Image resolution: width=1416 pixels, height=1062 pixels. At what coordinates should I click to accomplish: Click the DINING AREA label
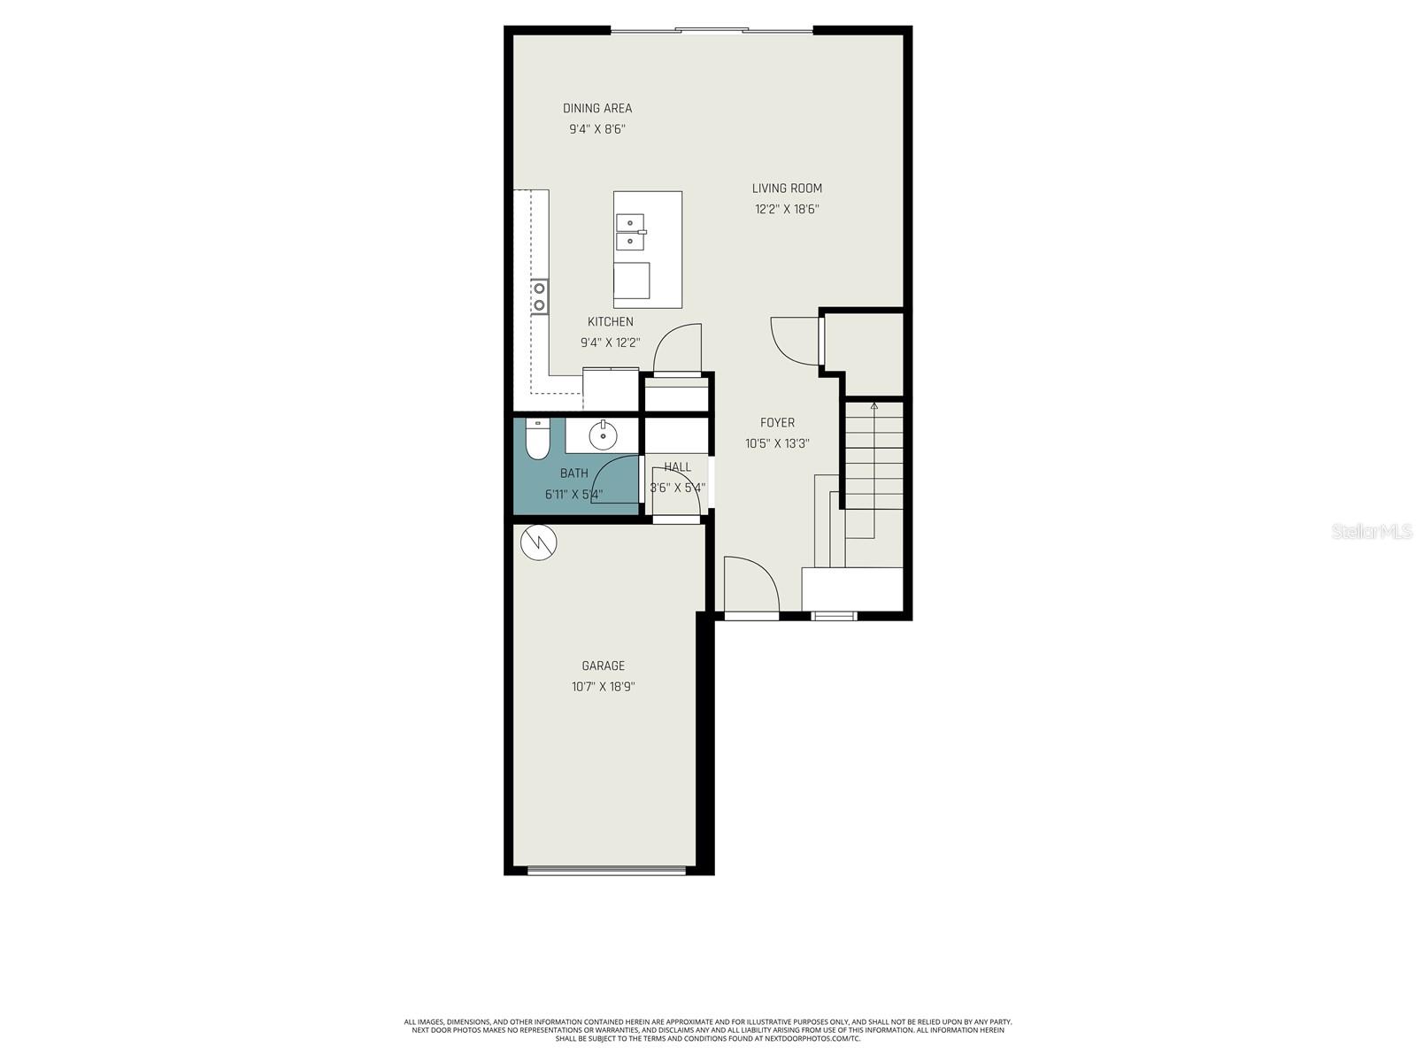click(597, 108)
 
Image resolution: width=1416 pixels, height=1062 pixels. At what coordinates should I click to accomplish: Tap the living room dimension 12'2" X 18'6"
click(787, 210)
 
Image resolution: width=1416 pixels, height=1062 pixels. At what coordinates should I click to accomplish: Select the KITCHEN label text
click(610, 322)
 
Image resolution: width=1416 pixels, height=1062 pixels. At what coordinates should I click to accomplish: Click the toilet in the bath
click(537, 439)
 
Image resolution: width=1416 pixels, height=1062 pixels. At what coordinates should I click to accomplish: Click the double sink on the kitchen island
click(630, 232)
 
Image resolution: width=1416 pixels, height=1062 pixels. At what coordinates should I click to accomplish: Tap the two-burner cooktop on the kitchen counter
click(539, 296)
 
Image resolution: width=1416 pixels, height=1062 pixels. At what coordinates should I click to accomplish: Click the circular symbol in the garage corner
click(538, 543)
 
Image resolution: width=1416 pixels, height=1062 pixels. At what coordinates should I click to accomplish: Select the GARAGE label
click(603, 666)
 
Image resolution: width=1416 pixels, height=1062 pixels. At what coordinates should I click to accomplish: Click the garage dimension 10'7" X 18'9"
click(603, 687)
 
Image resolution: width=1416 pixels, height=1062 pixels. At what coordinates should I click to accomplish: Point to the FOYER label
click(777, 423)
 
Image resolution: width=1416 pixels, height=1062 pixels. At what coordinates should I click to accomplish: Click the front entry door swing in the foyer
click(750, 584)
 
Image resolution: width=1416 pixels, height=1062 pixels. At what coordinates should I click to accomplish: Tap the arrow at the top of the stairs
click(874, 406)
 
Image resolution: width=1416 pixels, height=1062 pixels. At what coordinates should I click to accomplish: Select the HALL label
click(677, 467)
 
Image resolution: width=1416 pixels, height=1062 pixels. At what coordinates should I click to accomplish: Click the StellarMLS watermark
click(1371, 531)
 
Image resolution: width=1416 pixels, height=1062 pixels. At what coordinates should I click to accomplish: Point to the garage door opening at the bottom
click(606, 871)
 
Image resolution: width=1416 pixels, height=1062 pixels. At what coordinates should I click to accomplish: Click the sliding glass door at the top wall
click(712, 31)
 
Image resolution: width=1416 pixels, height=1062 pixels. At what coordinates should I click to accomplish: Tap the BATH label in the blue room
click(573, 473)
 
